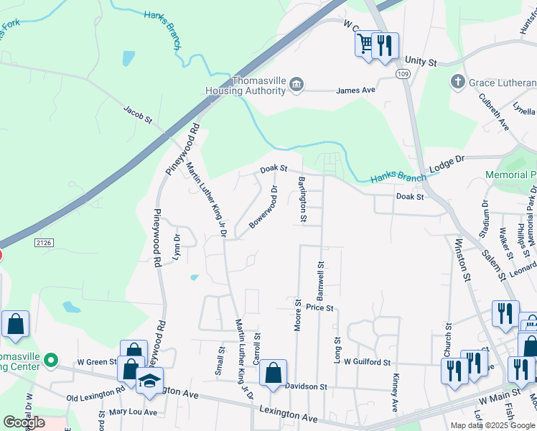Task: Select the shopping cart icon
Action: coord(366,45)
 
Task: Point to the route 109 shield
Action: coord(403,74)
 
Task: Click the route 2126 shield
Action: coord(42,244)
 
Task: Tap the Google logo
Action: coord(24,422)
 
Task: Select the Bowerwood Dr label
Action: coord(264,208)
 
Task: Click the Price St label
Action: coord(319,307)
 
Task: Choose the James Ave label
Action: coord(356,91)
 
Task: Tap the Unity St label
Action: coord(421,62)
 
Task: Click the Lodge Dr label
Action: coord(447,163)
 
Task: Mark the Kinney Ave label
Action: coord(395,393)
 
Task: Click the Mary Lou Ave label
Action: coord(133,412)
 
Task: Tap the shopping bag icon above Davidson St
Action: coord(273,373)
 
